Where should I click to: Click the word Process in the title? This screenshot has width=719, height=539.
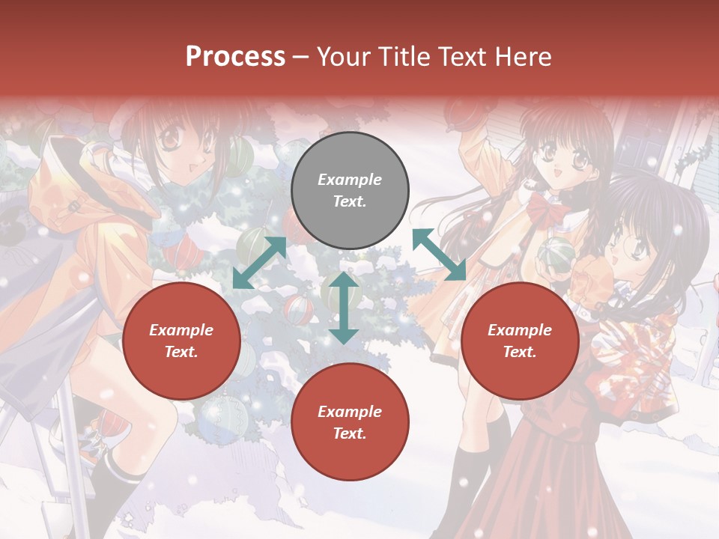pyautogui.click(x=235, y=57)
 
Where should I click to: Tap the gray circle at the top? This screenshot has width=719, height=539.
pyautogui.click(x=350, y=191)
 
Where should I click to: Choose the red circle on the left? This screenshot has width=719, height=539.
pyautogui.click(x=181, y=341)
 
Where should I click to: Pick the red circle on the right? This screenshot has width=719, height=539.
pyautogui.click(x=520, y=341)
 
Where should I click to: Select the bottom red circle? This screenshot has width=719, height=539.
pyautogui.click(x=350, y=422)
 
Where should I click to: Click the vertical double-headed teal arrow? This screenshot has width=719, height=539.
pyautogui.click(x=344, y=308)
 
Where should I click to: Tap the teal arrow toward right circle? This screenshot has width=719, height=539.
pyautogui.click(x=440, y=255)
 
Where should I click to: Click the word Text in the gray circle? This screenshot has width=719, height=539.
pyautogui.click(x=350, y=202)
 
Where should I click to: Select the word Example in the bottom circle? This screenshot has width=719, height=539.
pyautogui.click(x=350, y=412)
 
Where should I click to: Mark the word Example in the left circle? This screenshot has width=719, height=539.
pyautogui.click(x=181, y=330)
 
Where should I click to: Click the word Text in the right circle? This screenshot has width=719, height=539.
pyautogui.click(x=520, y=352)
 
